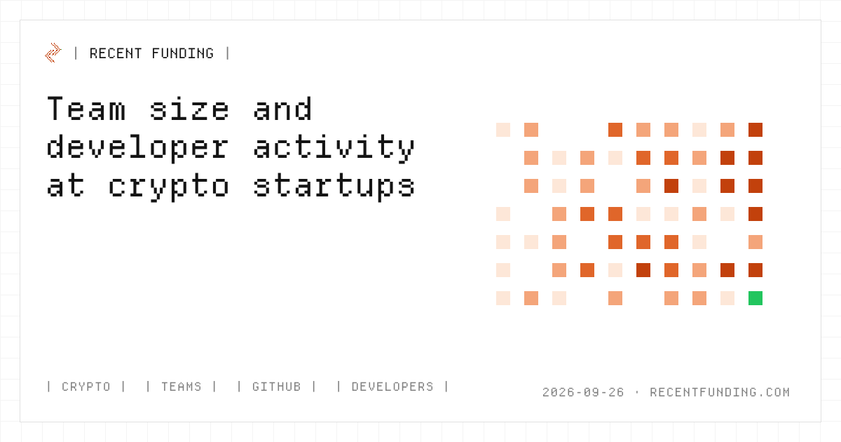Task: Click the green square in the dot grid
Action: pos(755,298)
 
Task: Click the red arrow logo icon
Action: pos(53,53)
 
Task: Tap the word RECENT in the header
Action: pos(115,53)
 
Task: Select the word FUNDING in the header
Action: pos(183,53)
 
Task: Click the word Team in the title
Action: pos(86,109)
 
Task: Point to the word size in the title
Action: pos(189,109)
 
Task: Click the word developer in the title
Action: pos(137,147)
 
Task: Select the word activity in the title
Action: pos(334,147)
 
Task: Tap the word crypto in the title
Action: pos(169,187)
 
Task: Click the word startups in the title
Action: pos(334,186)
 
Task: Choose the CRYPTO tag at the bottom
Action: pos(86,387)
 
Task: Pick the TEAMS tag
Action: pos(182,387)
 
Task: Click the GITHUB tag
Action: pos(277,387)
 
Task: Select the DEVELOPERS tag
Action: pos(392,387)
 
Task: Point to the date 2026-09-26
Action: pos(583,392)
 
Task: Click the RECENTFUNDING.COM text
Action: pos(720,392)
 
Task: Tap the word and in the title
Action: pos(282,109)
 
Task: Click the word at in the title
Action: pos(66,186)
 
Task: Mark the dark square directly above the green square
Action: pos(755,270)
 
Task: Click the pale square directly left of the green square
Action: pos(727,298)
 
